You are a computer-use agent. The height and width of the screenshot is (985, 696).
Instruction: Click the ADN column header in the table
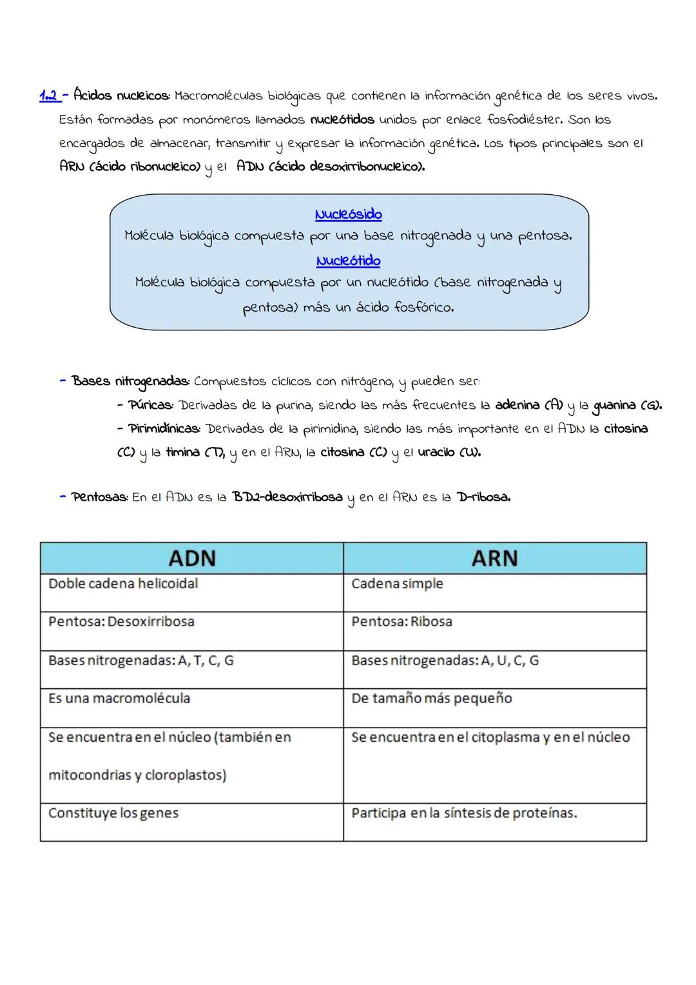(191, 558)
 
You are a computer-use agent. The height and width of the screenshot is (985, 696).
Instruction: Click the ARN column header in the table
(494, 558)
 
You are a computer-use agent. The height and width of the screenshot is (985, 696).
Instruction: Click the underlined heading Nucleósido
(348, 214)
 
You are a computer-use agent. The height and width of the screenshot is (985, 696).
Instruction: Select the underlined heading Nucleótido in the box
(348, 261)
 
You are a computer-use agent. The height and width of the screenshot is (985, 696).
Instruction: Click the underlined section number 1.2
(50, 96)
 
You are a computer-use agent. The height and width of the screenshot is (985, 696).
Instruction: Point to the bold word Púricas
(150, 406)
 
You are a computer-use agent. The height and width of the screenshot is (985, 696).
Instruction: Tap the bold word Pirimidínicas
(164, 429)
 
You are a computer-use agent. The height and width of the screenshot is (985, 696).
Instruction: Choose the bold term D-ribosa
(483, 498)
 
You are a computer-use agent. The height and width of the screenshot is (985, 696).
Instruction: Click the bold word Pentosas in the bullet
(100, 498)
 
